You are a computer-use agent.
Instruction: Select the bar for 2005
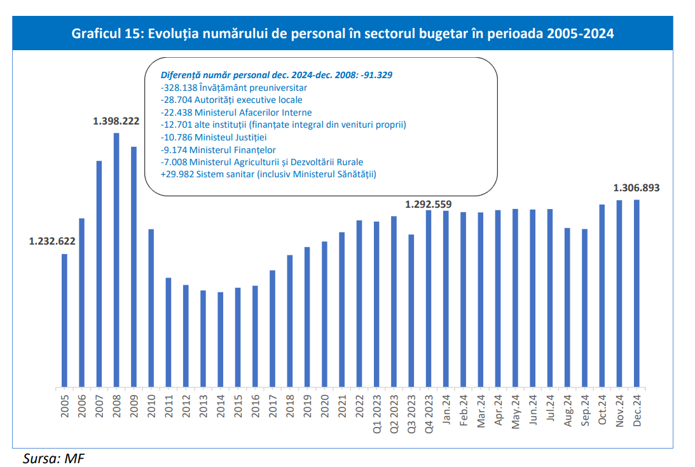point(64,320)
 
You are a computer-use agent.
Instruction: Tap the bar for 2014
point(221,339)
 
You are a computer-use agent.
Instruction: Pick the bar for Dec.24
point(637,293)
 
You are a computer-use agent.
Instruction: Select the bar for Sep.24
point(584,308)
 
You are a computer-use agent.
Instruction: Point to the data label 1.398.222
point(116,121)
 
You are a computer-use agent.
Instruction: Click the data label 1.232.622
point(52,241)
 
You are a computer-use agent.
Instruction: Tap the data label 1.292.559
point(429,205)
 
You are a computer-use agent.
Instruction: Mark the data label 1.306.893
point(637,188)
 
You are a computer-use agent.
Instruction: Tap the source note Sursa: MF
point(53,457)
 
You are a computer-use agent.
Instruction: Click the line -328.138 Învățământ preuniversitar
point(235,87)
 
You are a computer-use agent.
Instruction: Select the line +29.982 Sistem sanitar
point(268,174)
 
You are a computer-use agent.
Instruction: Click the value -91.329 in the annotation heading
point(376,74)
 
